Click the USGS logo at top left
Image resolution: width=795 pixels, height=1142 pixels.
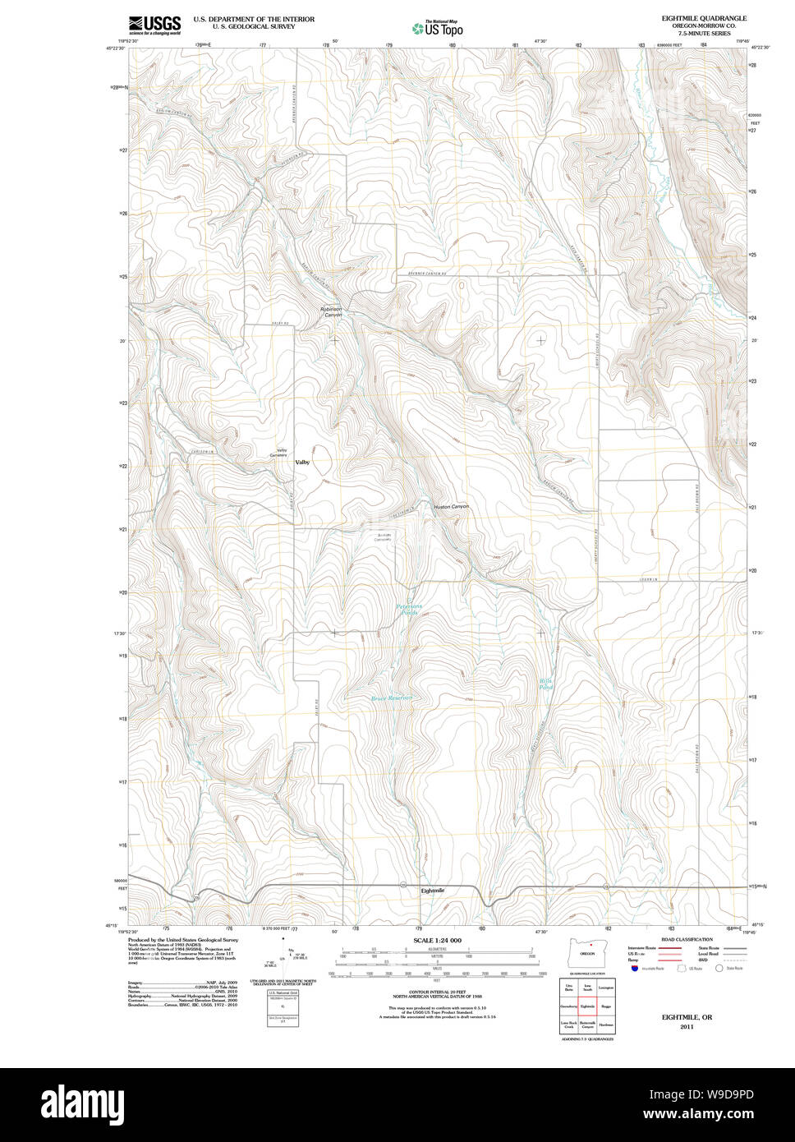point(154,25)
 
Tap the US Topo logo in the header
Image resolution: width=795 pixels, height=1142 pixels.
point(438,28)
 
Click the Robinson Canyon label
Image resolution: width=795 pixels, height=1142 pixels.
point(331,312)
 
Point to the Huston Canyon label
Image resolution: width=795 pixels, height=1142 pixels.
point(451,507)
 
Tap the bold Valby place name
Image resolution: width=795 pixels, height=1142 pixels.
point(303,463)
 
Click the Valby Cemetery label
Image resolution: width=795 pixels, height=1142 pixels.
point(282,453)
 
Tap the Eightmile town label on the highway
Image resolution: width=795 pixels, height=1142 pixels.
point(432,891)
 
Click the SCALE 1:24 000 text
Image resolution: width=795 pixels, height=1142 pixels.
point(438,940)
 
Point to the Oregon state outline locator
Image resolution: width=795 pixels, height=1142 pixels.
point(586,952)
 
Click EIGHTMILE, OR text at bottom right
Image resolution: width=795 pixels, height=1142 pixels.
point(687,1017)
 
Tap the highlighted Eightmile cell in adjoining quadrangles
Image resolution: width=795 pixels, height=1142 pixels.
point(587,1006)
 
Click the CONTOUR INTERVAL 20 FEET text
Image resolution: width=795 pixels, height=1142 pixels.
point(437,992)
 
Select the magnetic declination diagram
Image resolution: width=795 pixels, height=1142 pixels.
point(283,957)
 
